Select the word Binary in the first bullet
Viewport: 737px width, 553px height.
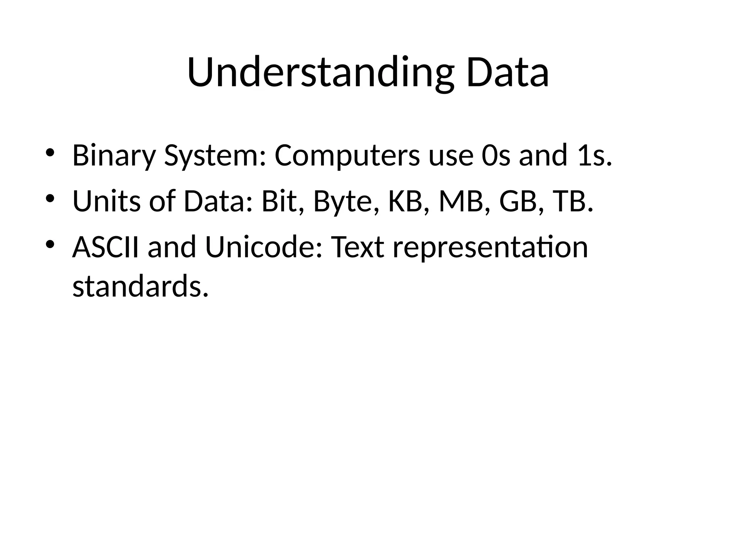pyautogui.click(x=114, y=156)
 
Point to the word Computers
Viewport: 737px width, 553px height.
pyautogui.click(x=347, y=156)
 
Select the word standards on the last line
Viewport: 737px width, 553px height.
pyautogui.click(x=140, y=286)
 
